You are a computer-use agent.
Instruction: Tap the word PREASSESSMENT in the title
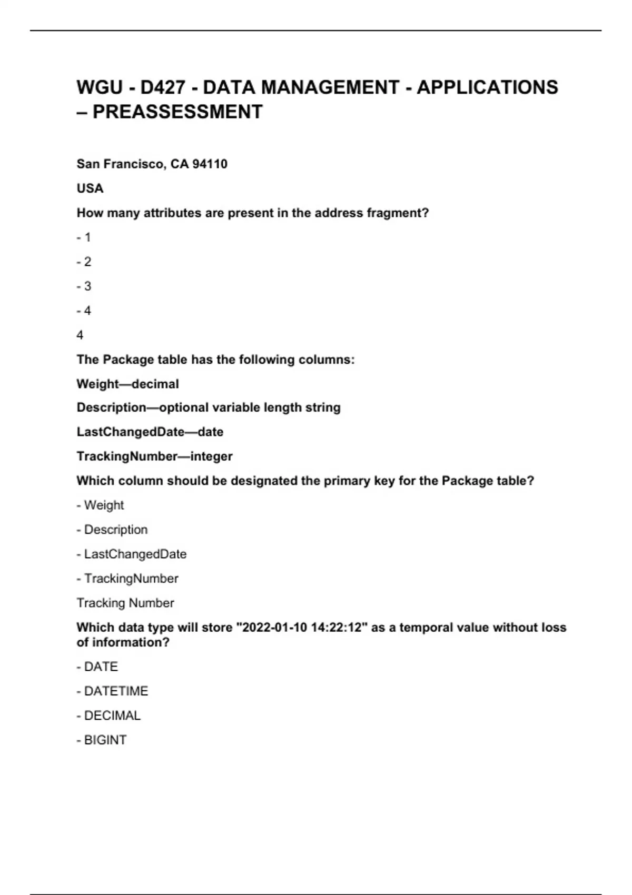177,112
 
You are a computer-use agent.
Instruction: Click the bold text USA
90,188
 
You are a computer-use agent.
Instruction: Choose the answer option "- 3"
84,286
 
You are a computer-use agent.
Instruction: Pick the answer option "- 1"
84,237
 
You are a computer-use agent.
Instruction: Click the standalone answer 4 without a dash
80,335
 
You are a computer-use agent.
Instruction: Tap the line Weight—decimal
127,384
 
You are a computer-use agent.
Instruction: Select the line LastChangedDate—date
150,432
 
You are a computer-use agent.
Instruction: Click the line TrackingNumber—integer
154,456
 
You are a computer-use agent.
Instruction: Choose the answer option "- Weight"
100,505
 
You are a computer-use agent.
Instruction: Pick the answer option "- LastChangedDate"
132,554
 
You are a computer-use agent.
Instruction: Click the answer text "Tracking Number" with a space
125,603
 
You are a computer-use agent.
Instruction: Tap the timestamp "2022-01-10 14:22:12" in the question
302,628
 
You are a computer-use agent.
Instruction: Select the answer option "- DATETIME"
112,691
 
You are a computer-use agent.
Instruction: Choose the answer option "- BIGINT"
102,740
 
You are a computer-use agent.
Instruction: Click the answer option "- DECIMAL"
108,716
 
